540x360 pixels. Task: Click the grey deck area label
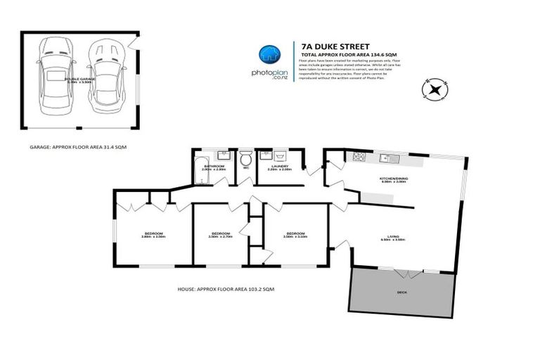[x=403, y=292]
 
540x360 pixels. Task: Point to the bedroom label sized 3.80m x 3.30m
[x=154, y=235]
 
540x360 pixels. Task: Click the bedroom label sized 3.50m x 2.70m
[x=221, y=235]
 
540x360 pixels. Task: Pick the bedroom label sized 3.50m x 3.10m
[x=295, y=235]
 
